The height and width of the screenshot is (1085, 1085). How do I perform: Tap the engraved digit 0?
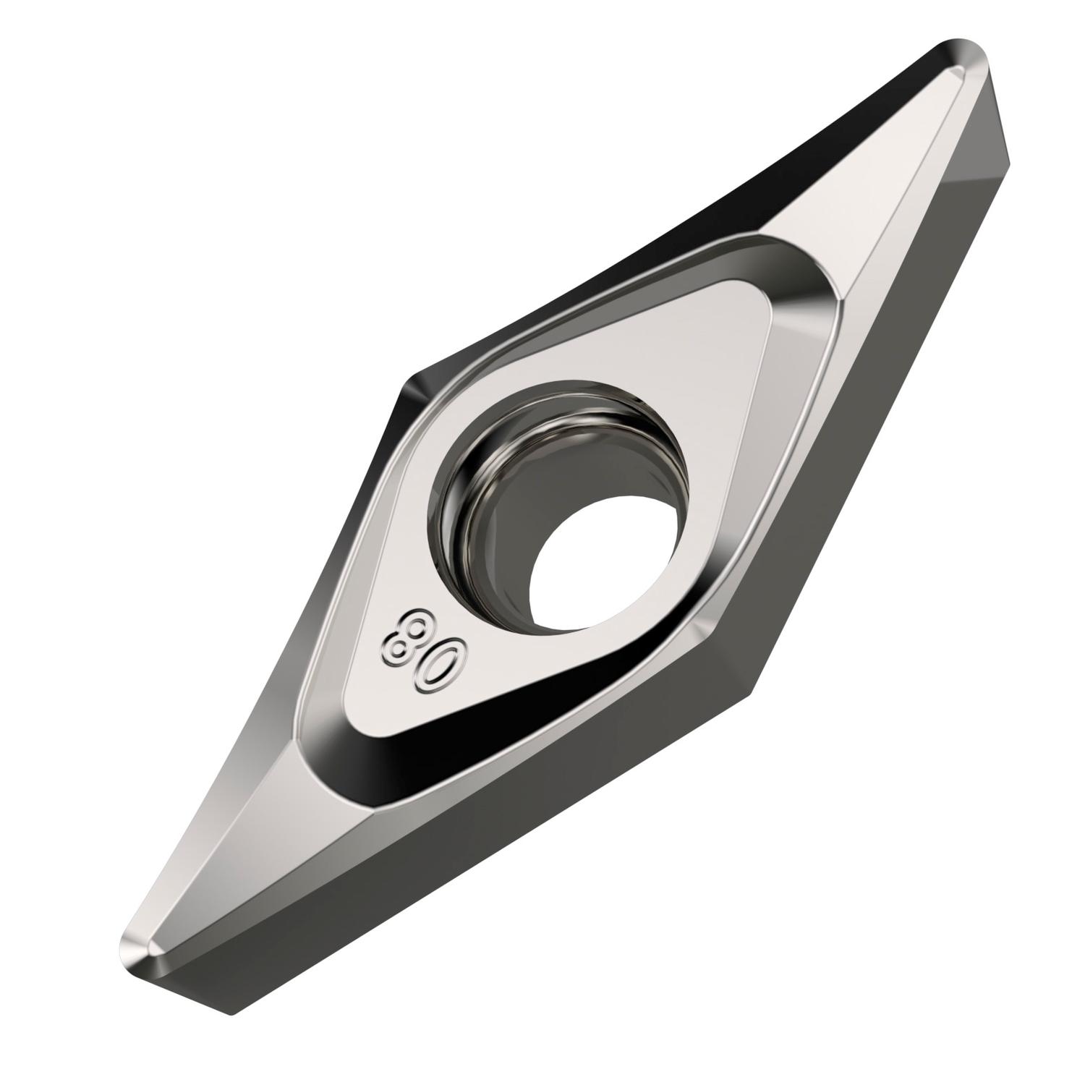point(438,661)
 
